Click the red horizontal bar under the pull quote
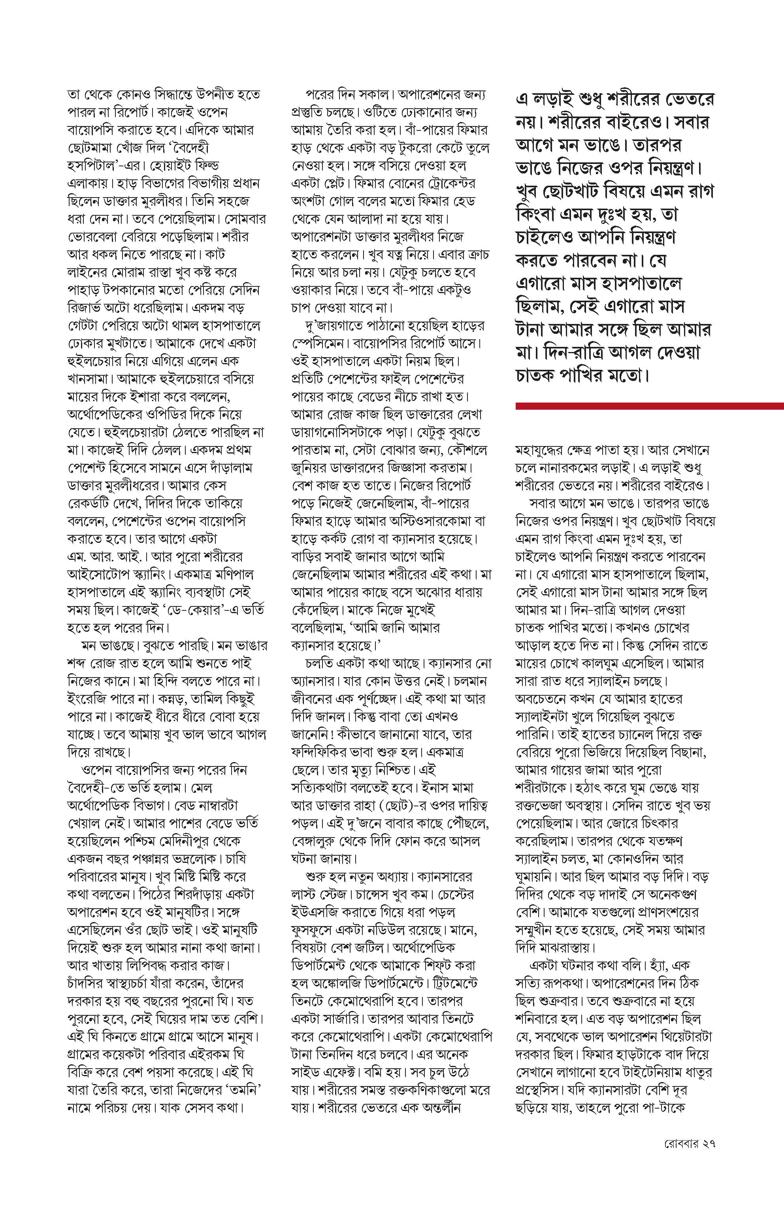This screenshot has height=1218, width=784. (x=650, y=406)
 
